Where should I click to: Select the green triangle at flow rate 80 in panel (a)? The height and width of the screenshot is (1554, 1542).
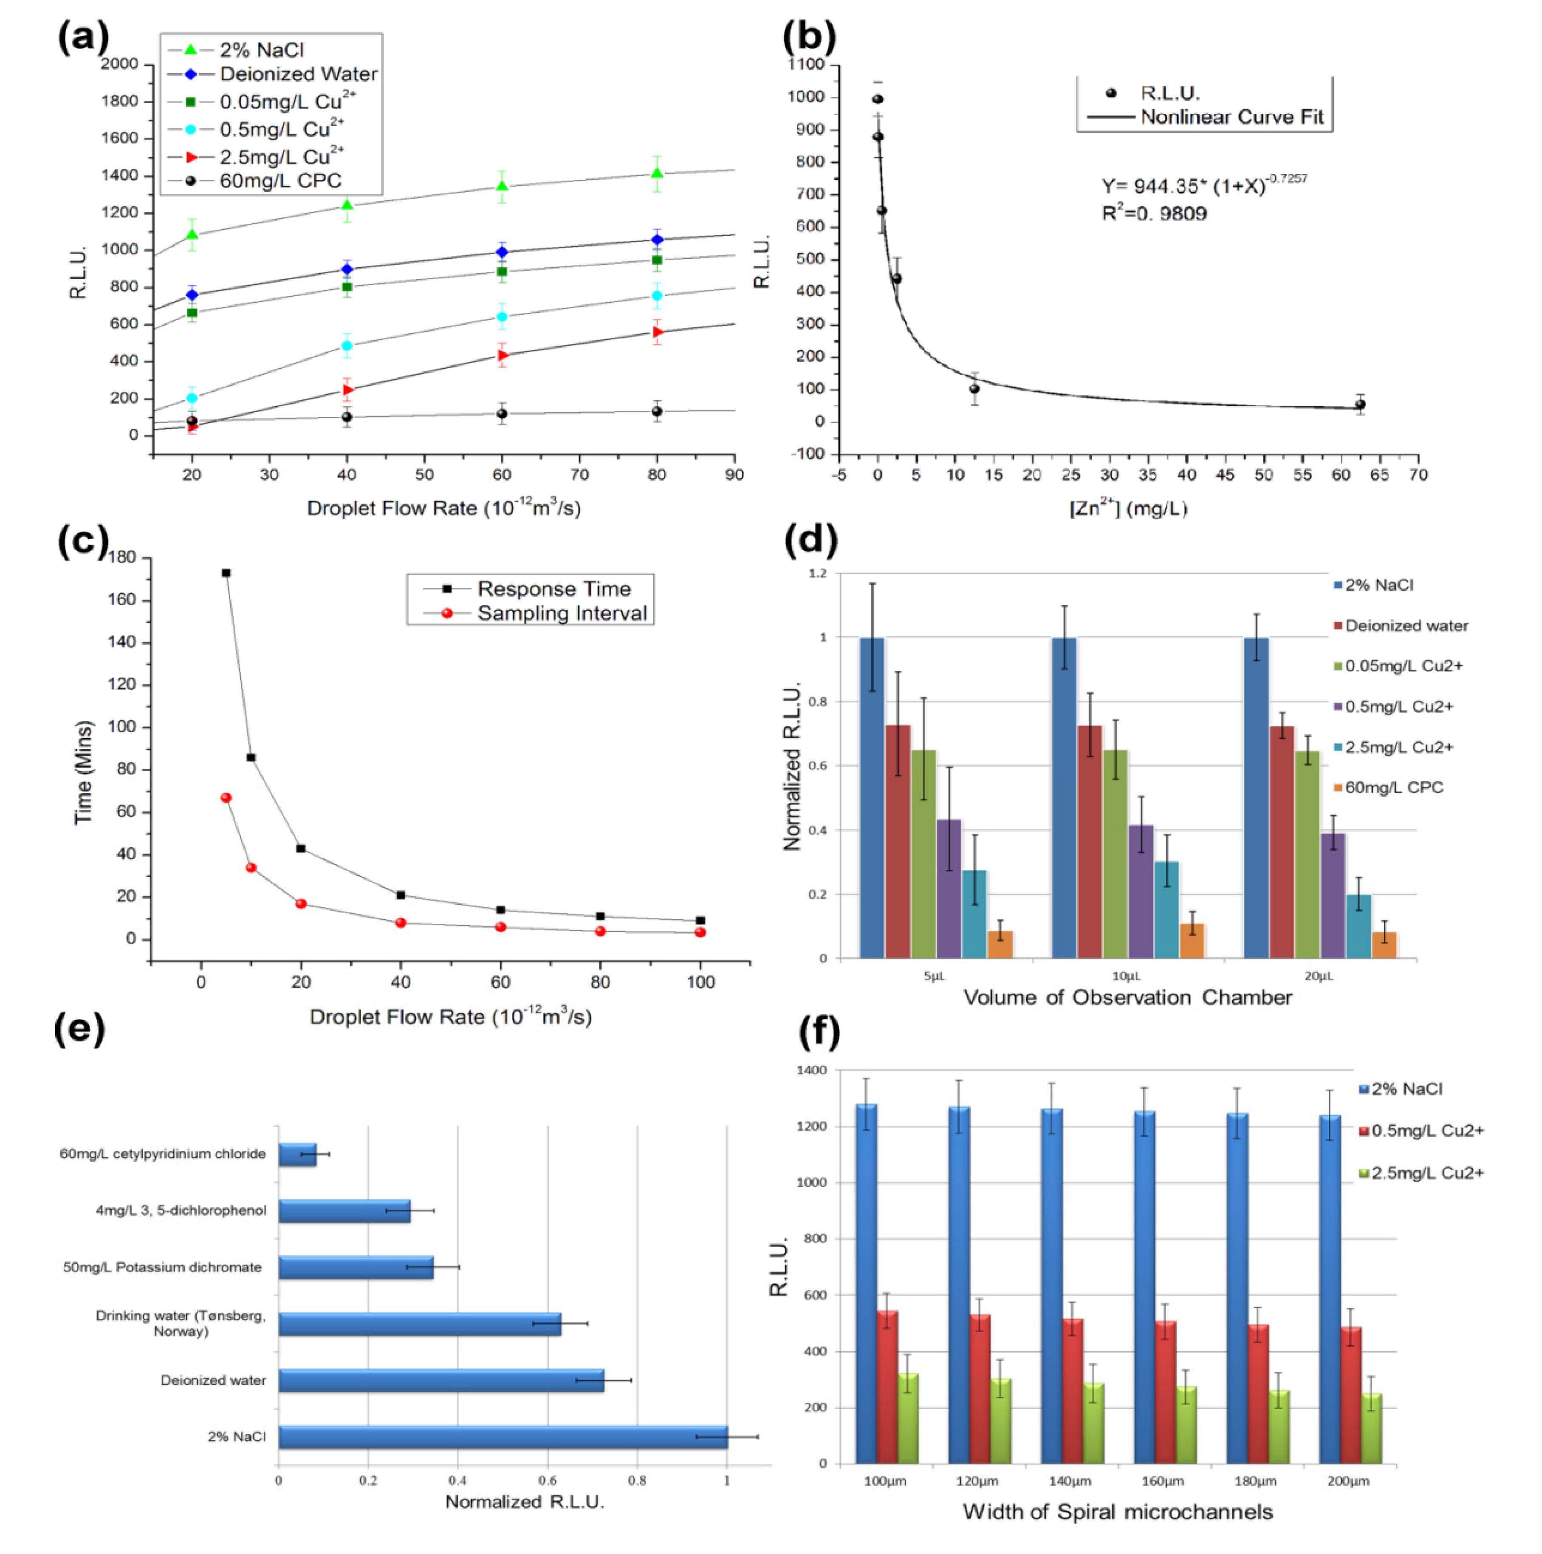pyautogui.click(x=657, y=173)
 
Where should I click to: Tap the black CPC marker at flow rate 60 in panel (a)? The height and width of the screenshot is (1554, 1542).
pyautogui.click(x=502, y=414)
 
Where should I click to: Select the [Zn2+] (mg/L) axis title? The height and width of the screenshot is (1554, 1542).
pyautogui.click(x=1128, y=508)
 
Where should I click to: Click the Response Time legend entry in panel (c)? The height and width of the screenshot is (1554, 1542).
pyautogui.click(x=553, y=589)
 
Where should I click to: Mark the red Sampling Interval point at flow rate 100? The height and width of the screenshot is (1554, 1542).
pyautogui.click(x=700, y=932)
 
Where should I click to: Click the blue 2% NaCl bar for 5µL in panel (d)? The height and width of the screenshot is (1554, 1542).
pyautogui.click(x=872, y=796)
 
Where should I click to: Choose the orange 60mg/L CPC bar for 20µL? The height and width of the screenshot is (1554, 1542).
pyautogui.click(x=1384, y=945)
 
